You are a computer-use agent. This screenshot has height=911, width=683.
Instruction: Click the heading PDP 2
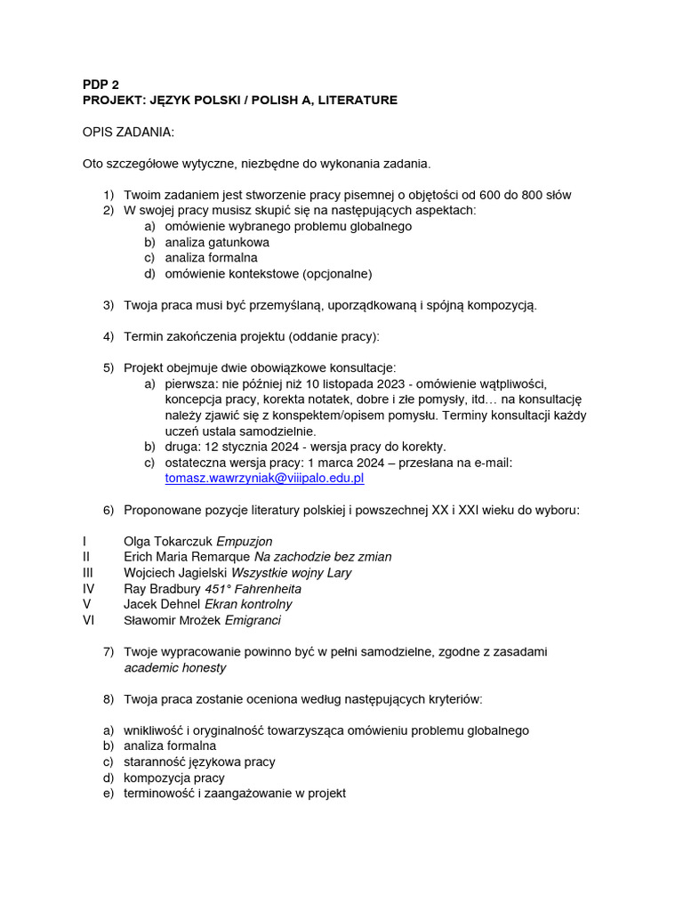[x=100, y=85]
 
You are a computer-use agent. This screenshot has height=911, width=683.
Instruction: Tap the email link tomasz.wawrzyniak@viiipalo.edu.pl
[x=264, y=478]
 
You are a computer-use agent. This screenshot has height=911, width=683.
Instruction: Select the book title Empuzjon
[x=245, y=541]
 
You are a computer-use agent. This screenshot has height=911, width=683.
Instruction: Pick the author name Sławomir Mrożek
[x=173, y=621]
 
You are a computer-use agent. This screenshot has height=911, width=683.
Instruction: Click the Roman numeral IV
[x=88, y=589]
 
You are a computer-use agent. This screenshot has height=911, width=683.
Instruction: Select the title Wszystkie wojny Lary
[x=291, y=573]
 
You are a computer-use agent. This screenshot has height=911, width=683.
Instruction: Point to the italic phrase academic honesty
[x=174, y=667]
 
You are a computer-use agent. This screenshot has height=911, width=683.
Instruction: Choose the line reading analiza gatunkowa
[x=217, y=242]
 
